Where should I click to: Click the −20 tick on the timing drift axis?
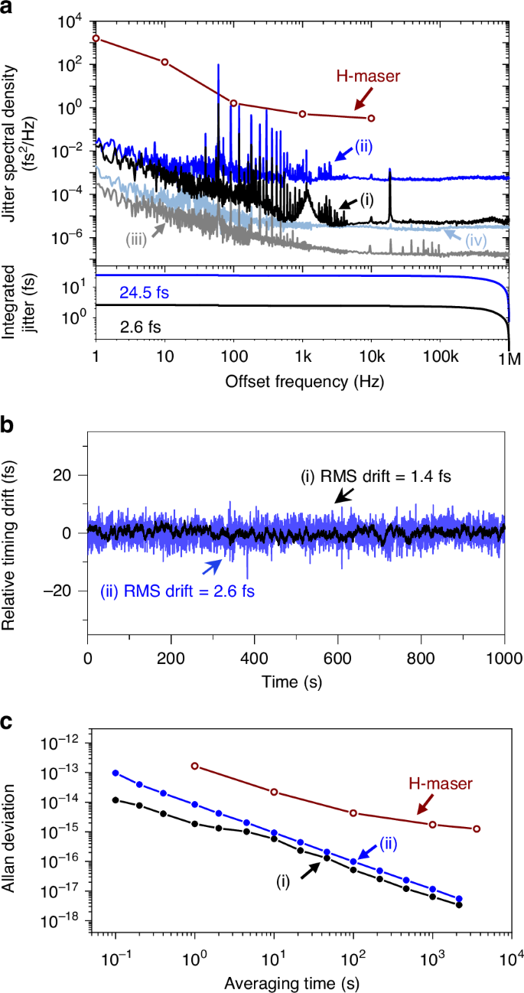pyautogui.click(x=66, y=591)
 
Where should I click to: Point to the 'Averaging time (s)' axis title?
pyautogui.click(x=296, y=981)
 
